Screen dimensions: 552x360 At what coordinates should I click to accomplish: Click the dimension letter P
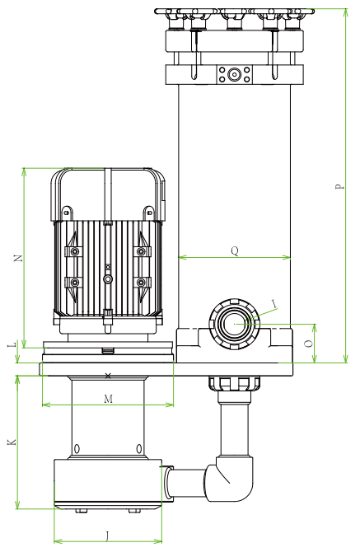339,186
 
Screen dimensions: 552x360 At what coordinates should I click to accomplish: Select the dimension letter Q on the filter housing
235,250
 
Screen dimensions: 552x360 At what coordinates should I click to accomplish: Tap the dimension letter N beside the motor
18,258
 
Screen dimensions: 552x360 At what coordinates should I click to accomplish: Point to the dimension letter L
11,346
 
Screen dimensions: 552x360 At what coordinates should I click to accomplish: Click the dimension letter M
108,399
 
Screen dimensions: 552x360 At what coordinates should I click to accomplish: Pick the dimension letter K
11,442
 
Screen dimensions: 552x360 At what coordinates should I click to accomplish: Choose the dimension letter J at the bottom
108,536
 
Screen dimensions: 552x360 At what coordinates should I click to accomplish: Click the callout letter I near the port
274,304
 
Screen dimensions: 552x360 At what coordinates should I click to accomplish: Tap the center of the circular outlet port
236,323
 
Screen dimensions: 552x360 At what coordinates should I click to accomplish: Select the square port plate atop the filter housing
235,74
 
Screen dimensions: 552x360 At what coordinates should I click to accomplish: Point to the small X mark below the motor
109,376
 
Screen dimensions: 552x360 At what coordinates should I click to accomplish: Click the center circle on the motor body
108,279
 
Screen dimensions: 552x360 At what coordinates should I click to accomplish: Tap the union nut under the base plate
234,383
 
